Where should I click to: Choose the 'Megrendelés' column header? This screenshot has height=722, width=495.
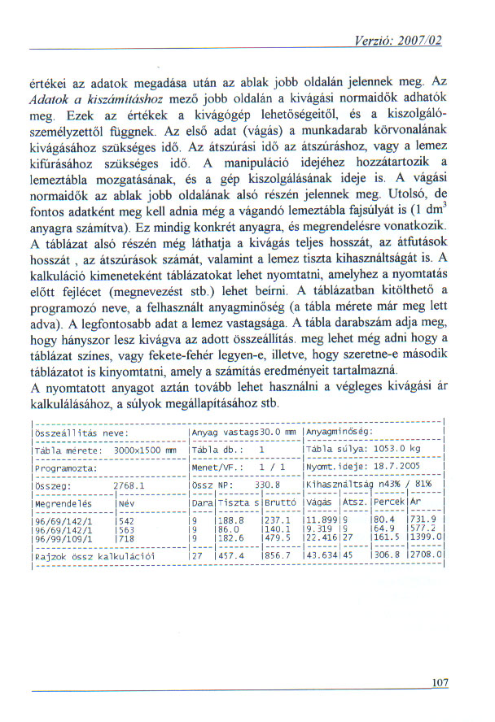tap(63, 504)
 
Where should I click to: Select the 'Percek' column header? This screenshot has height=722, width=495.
tap(388, 504)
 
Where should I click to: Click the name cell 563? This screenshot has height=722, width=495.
tap(126, 528)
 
